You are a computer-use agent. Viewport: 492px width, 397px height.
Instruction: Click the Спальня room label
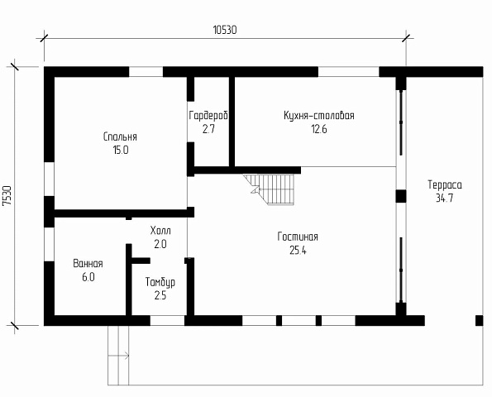click(120, 136)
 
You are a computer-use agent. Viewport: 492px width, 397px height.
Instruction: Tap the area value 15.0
click(121, 151)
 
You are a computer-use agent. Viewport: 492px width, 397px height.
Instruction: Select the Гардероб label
click(208, 116)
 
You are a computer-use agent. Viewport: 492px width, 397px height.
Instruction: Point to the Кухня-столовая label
click(319, 116)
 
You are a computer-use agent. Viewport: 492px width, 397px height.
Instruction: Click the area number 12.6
click(319, 129)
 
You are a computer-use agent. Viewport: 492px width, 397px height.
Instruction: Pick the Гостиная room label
click(298, 237)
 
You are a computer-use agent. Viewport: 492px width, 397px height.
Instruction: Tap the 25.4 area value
click(298, 251)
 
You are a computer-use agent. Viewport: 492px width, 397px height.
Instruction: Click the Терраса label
click(445, 184)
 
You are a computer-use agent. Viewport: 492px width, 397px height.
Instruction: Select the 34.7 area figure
click(445, 198)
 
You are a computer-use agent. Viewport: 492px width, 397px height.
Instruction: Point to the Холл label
click(160, 231)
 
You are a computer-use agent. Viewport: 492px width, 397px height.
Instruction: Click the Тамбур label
click(160, 282)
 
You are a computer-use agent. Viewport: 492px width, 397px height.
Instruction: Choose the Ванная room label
click(88, 264)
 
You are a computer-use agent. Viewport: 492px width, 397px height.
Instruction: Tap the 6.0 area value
click(88, 277)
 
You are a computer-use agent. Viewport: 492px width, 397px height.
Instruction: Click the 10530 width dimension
click(225, 30)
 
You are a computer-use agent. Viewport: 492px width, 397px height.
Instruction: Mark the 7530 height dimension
click(7, 196)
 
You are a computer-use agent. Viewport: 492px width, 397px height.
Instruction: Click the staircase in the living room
click(270, 189)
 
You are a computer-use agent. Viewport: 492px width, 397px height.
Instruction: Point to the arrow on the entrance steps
click(118, 356)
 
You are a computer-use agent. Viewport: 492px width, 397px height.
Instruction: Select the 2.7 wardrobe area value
click(208, 129)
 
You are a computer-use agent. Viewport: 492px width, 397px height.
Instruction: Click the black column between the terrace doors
click(401, 197)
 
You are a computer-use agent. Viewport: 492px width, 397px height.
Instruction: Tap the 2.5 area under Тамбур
click(160, 295)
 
